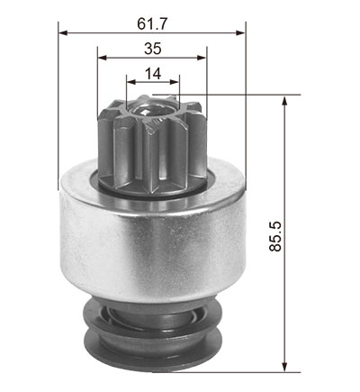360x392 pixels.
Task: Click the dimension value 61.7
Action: pyautogui.click(x=152, y=24)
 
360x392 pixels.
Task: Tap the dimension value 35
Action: pyautogui.click(x=153, y=49)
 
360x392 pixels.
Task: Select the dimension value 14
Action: pyautogui.click(x=153, y=74)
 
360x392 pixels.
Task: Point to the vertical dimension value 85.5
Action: pyautogui.click(x=275, y=236)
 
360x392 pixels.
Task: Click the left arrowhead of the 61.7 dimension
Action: pyautogui.click(x=63, y=32)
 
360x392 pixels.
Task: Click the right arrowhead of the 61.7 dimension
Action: pyautogui.click(x=241, y=32)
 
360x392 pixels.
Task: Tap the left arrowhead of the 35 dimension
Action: pyautogui.click(x=103, y=58)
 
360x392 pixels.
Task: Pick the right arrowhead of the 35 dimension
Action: pyautogui.click(x=202, y=58)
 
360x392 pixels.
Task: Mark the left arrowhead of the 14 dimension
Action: pyautogui.click(x=131, y=82)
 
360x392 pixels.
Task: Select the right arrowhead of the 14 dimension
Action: pyautogui.click(x=175, y=82)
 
